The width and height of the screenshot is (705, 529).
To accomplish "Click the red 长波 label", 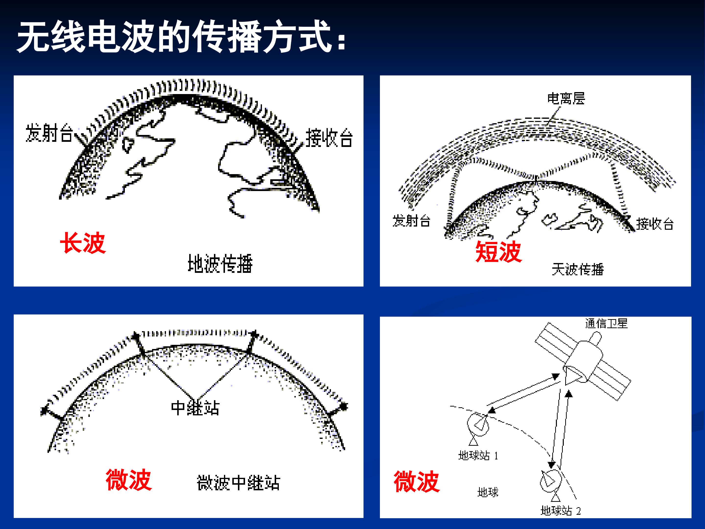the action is [x=83, y=243].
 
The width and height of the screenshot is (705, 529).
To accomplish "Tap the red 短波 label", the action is [x=498, y=252].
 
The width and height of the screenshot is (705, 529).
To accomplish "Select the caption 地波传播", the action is [x=220, y=264].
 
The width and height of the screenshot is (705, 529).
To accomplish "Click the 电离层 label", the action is [x=566, y=98].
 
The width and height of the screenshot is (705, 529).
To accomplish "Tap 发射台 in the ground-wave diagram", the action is [x=49, y=133].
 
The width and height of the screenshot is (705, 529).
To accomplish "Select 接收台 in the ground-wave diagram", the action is [x=329, y=138].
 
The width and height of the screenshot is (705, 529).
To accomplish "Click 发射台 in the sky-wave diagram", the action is [x=411, y=221].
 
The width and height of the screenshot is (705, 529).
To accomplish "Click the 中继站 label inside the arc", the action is [x=195, y=408].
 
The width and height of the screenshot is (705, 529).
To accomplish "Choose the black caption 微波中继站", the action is [x=238, y=483].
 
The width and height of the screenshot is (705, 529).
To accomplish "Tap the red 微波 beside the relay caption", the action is [x=129, y=480].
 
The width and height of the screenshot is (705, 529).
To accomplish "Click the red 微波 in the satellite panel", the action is [x=417, y=481].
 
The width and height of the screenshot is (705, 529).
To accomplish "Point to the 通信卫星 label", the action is [x=606, y=323].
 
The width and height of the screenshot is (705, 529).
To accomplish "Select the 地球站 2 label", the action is [x=561, y=511].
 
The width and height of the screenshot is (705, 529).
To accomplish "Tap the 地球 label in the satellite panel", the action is [x=488, y=492].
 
